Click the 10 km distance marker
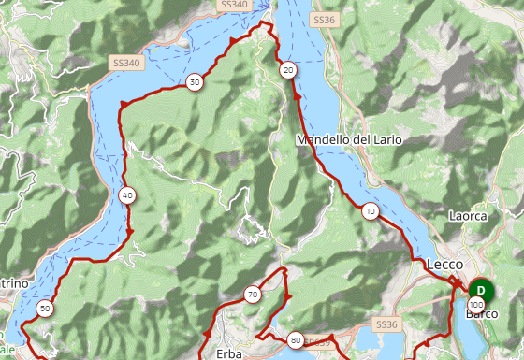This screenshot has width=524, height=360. point(371,210)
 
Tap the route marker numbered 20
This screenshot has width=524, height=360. point(288,69)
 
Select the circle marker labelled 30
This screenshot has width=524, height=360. point(194,82)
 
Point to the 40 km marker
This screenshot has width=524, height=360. point(127,195)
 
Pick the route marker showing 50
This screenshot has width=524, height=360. point(45,308)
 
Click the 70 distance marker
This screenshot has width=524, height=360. point(253,295)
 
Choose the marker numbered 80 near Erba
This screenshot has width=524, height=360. point(296,339)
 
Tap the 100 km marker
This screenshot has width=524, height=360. point(477,305)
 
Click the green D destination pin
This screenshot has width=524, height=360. point(481,290)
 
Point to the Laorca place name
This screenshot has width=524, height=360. point(468,216)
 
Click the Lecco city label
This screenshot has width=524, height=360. point(444,265)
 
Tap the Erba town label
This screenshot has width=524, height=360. point(228,353)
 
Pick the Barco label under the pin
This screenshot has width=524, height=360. point(482,314)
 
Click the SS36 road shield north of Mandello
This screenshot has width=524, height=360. point(324,19)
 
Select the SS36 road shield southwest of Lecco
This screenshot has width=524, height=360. point(386,324)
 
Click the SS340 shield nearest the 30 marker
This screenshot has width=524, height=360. point(125,63)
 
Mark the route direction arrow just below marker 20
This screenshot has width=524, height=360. point(298,94)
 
